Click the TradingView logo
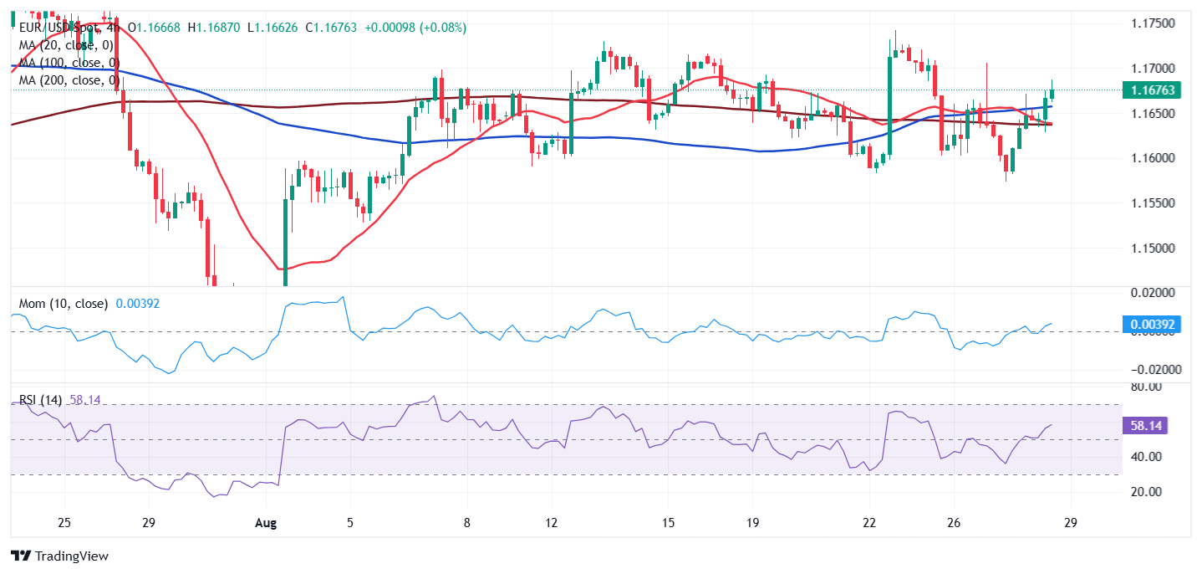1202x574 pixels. click(x=59, y=556)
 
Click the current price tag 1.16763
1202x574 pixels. click(x=1150, y=90)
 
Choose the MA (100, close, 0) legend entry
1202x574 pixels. click(x=69, y=63)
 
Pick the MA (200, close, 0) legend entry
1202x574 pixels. click(x=69, y=80)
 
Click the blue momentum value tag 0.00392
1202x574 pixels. click(x=1150, y=324)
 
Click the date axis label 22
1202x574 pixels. click(x=869, y=523)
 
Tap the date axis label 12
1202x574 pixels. click(x=550, y=523)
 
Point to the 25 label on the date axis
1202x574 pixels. click(x=64, y=523)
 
